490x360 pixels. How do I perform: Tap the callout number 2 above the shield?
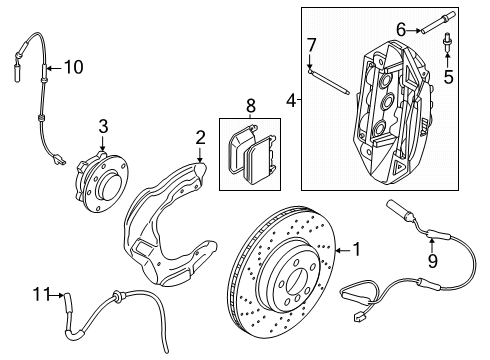point(200,137)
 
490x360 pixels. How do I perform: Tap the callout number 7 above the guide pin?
point(311,43)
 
